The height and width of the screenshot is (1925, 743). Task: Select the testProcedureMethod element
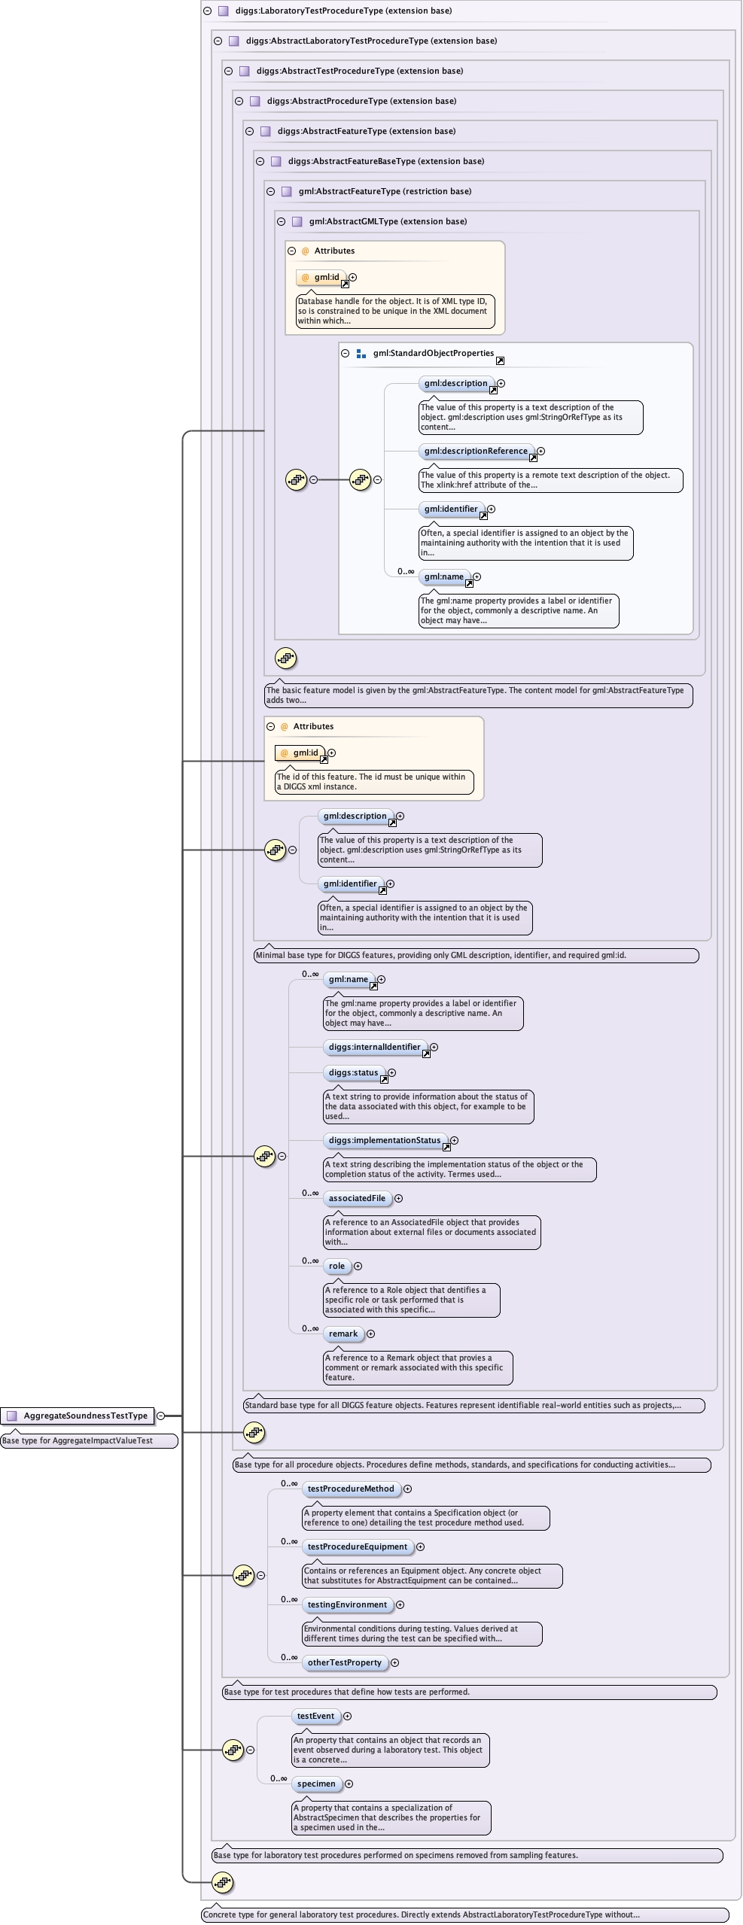(x=350, y=1489)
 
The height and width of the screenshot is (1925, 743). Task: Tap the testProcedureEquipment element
(x=357, y=1546)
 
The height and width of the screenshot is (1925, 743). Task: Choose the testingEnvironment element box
(x=347, y=1604)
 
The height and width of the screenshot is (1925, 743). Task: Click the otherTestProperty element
(x=344, y=1662)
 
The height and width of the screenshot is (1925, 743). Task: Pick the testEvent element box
(x=315, y=1716)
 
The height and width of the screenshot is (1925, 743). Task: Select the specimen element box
(x=316, y=1784)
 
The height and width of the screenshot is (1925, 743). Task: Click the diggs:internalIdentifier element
(x=374, y=1047)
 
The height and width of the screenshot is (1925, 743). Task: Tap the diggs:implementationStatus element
(x=384, y=1140)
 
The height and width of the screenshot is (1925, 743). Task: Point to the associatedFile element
(x=357, y=1198)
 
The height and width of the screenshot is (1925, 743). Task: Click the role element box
(x=336, y=1266)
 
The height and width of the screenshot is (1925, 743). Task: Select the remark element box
(x=343, y=1334)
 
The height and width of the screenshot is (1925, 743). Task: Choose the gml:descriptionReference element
(x=475, y=451)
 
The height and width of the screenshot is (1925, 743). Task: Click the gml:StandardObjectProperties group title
(x=433, y=353)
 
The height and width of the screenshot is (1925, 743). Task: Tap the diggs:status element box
(x=353, y=1072)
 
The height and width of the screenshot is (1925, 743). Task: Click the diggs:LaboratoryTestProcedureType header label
(x=343, y=11)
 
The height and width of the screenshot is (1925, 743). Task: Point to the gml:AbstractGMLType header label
(x=388, y=221)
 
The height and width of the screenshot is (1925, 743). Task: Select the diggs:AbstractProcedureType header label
(x=361, y=101)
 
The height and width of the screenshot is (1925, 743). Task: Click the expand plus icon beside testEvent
(x=347, y=1716)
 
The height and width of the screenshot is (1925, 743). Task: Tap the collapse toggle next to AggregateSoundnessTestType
(x=160, y=1416)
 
